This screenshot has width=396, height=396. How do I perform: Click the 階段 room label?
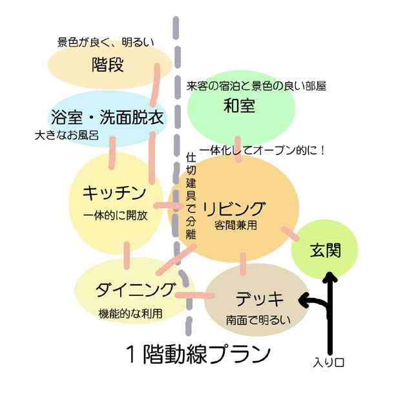pos(108,65)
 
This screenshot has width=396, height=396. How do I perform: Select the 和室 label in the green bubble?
pos(240,106)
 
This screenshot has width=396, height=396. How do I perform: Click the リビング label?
pos(234,209)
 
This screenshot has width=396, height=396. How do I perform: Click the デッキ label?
pos(260,299)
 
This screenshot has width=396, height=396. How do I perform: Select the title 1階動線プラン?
pos(198,355)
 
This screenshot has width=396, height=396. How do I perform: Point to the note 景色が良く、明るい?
pos(107,43)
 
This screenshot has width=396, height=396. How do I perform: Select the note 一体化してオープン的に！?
pos(262,150)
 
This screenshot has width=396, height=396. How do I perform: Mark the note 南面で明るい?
pos(258,320)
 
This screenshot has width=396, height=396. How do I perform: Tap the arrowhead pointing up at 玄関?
pos(329,278)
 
